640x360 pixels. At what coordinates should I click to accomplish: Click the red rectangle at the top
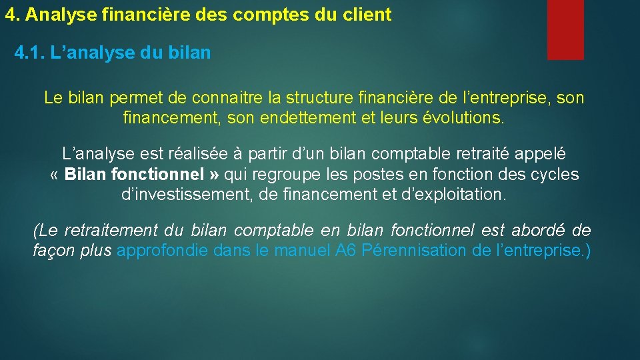[565, 29]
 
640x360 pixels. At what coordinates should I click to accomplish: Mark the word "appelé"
[537, 153]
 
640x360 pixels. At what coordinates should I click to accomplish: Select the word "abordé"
[538, 231]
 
